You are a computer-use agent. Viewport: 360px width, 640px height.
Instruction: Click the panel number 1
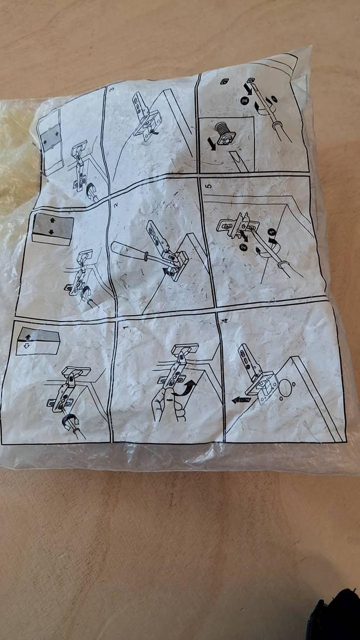tap(124, 326)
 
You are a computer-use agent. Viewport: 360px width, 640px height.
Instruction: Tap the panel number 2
tap(116, 205)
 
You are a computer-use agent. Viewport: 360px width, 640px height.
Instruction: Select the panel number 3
tap(111, 89)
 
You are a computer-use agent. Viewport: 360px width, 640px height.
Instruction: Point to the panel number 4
tap(226, 321)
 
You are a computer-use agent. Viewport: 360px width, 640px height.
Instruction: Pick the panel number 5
tap(209, 186)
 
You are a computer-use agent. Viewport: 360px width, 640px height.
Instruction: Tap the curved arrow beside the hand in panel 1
tap(186, 388)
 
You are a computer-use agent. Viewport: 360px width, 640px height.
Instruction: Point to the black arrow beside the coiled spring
tap(212, 143)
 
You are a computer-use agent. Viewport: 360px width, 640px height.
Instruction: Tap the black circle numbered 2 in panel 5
tap(243, 247)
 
